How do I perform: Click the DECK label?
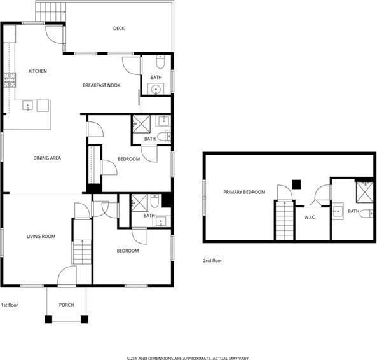point(119,29)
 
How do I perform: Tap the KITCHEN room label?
point(38,71)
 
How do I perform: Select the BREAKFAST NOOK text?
point(102,85)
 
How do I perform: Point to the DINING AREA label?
point(47,158)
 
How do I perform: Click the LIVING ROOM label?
point(41,237)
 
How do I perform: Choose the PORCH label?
point(66,305)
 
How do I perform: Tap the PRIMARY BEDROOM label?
point(244,192)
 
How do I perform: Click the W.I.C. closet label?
point(310,217)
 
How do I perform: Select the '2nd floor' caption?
point(212,260)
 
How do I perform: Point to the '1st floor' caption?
point(10,305)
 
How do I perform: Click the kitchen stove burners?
point(10,80)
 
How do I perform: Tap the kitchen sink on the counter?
point(27,106)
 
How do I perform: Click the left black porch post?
point(48,319)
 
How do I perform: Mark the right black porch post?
point(85,319)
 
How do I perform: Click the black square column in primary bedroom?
point(296,184)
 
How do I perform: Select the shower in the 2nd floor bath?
point(364,192)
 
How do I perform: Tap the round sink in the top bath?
point(156,89)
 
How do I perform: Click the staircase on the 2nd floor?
point(285,220)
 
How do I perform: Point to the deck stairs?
point(51,11)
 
